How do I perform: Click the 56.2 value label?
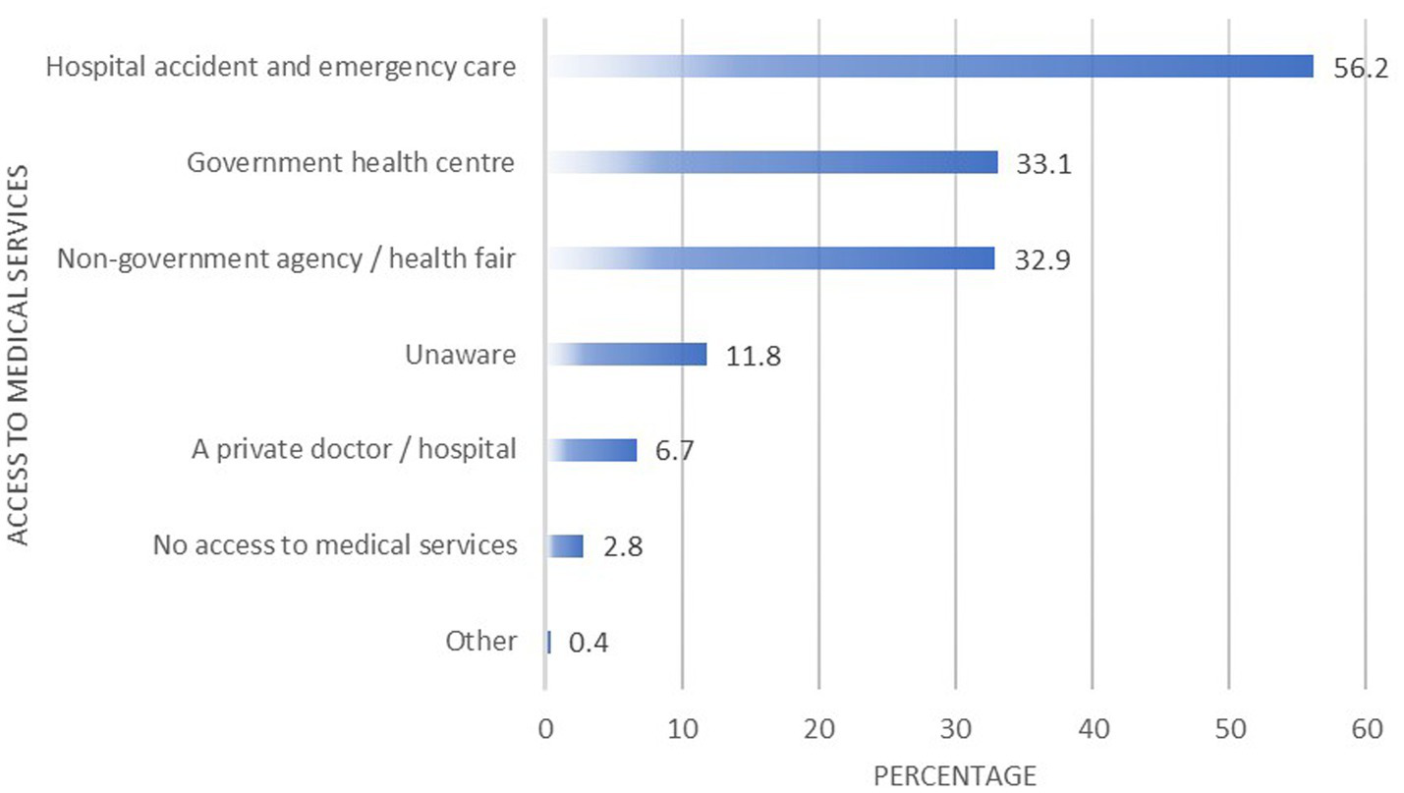[1360, 70]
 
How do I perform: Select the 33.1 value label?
[1043, 165]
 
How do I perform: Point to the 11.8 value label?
[754, 357]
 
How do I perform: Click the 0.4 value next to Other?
[590, 645]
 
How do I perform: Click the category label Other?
[480, 642]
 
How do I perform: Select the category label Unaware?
[461, 354]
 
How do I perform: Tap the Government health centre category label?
[351, 162]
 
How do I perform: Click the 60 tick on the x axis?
[1366, 729]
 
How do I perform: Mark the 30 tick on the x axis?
[955, 729]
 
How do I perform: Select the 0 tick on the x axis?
[545, 729]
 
